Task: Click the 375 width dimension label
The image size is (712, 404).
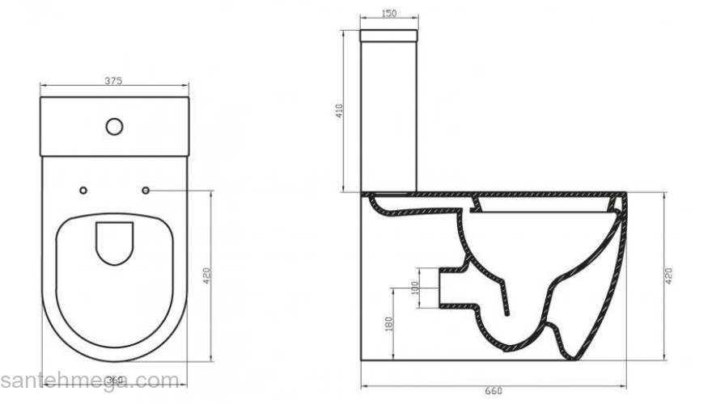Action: (113, 81)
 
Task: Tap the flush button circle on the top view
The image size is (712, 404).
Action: (114, 126)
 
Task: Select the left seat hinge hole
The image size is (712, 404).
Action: (84, 191)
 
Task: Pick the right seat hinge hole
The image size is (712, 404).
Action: (146, 191)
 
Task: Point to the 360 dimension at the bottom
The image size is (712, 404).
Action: (115, 381)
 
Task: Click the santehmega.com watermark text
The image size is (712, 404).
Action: (89, 380)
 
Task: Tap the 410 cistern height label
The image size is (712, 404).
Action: (341, 112)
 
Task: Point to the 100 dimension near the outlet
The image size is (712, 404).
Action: (416, 289)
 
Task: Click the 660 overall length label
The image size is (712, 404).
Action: (493, 391)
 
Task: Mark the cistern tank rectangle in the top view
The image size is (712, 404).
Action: (114, 127)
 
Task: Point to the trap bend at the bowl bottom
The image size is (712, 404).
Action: (558, 331)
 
